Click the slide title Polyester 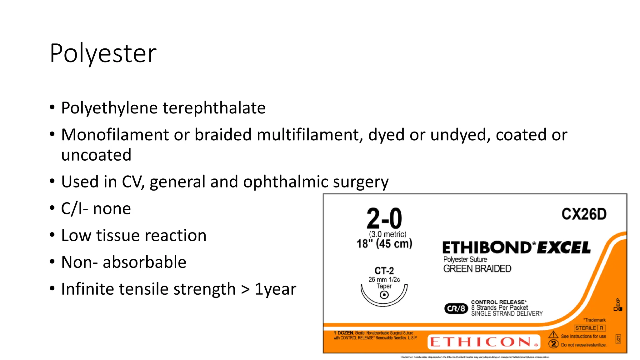[x=103, y=53]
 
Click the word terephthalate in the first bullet [x=214, y=108]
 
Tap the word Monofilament [x=115, y=135]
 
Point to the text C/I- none [x=96, y=209]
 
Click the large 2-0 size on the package [x=384, y=218]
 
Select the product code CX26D [x=584, y=214]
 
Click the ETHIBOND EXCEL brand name [x=516, y=248]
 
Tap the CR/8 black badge [x=456, y=308]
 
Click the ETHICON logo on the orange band [x=481, y=342]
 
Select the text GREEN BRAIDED [x=477, y=269]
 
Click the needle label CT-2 [x=384, y=271]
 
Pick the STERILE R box [x=590, y=328]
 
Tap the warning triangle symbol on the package [x=553, y=335]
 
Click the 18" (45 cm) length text [x=384, y=244]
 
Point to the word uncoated [x=96, y=155]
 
